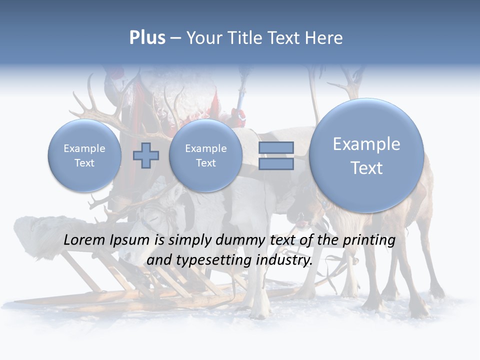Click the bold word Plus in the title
click(x=147, y=38)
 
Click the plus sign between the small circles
click(x=145, y=155)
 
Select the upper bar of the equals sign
click(x=276, y=147)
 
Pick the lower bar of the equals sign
click(x=276, y=164)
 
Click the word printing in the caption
click(x=369, y=240)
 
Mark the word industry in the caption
click(x=284, y=260)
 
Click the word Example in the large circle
click(x=366, y=144)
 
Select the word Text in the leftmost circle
click(x=84, y=163)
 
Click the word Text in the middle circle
click(x=205, y=163)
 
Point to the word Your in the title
click(x=204, y=38)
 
